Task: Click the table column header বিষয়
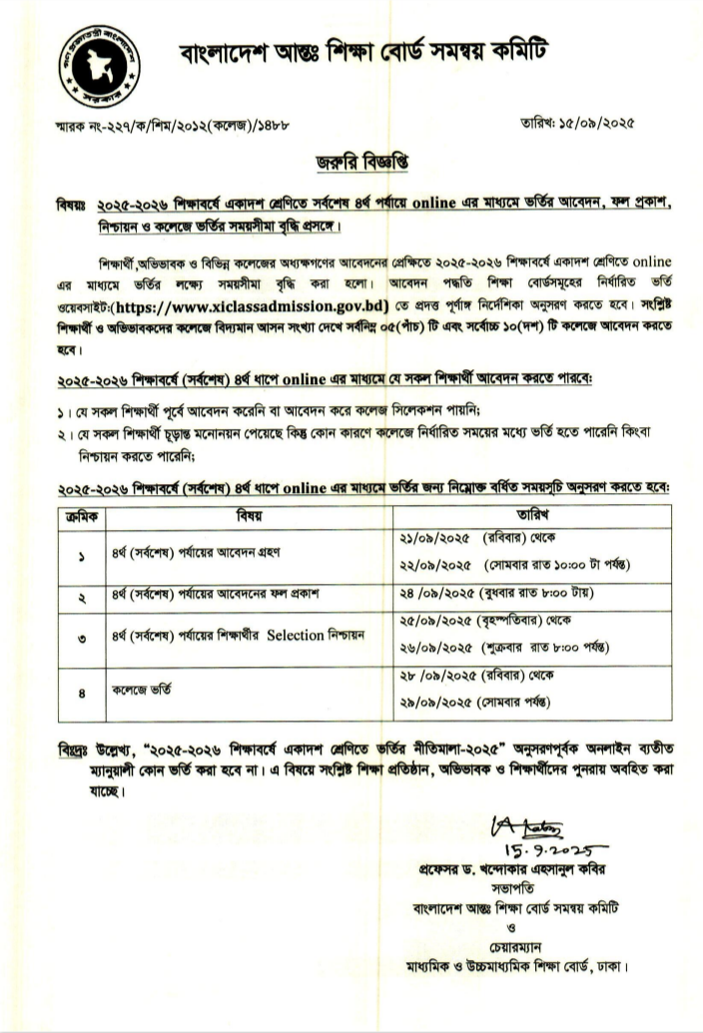pos(249,516)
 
